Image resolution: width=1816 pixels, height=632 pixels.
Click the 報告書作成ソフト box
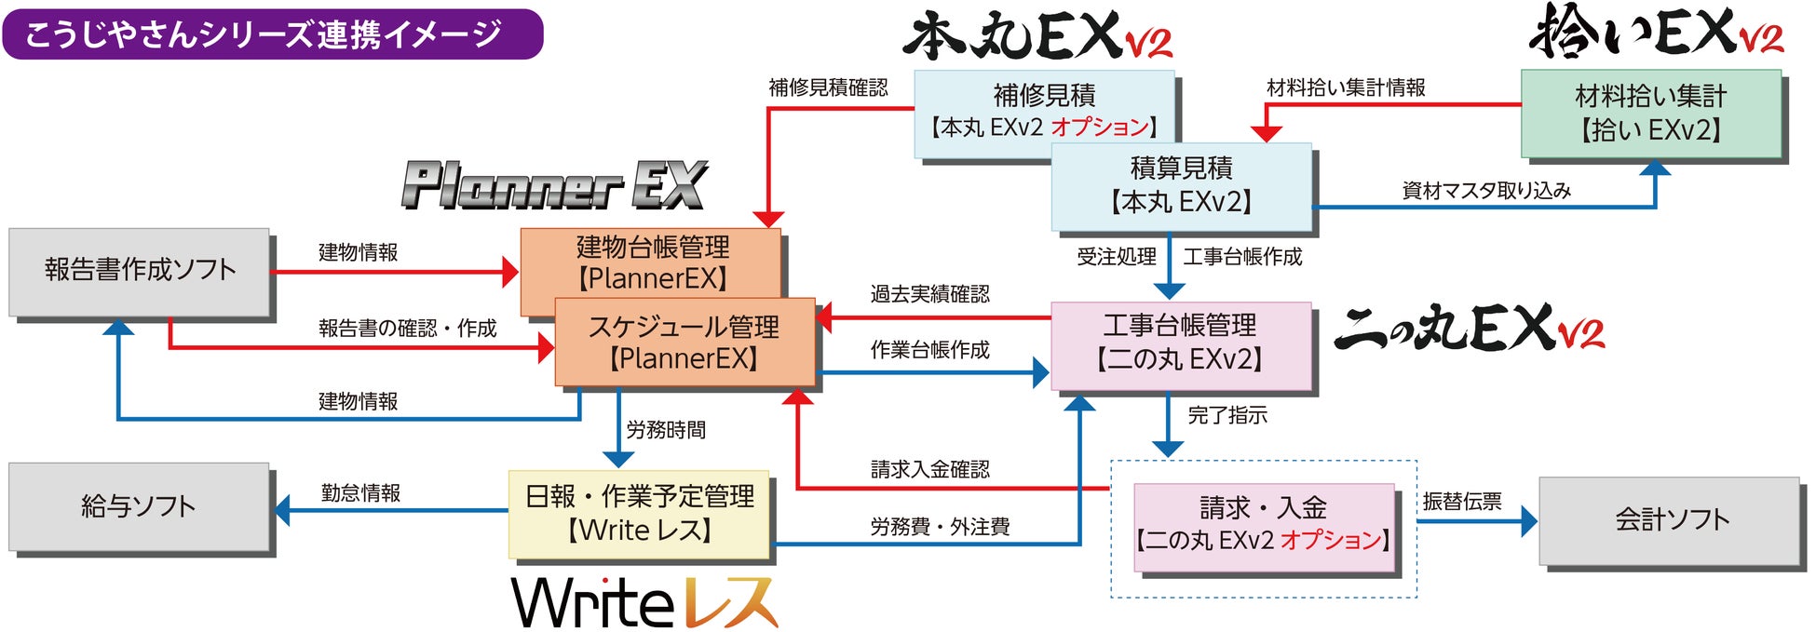(140, 271)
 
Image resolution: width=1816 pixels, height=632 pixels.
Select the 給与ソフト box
(140, 506)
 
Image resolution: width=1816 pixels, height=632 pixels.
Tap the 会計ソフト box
(1670, 519)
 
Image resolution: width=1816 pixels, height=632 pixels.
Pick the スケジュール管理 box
(684, 343)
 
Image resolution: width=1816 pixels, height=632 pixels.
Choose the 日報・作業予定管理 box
(639, 513)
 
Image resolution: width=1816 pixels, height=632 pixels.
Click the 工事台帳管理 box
(1180, 343)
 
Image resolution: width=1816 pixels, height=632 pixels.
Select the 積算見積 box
(1181, 184)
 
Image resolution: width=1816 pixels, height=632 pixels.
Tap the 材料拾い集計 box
(1650, 113)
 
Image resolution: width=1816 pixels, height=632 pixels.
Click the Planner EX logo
(554, 184)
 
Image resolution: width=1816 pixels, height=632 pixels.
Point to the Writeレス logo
(644, 602)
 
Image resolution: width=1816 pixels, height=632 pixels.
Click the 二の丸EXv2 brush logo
(1469, 328)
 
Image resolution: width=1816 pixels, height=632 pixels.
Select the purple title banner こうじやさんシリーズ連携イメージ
(272, 34)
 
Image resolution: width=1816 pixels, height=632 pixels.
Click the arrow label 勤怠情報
(360, 492)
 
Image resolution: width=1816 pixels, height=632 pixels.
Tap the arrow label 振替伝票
(1461, 502)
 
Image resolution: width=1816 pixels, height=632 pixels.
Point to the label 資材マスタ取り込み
(1486, 191)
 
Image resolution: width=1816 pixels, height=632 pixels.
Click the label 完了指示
(1227, 415)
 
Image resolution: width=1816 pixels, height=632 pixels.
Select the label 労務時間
(666, 429)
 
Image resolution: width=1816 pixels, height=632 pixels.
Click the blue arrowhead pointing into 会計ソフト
(1528, 521)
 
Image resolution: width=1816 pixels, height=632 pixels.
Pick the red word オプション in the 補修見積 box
(1100, 127)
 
